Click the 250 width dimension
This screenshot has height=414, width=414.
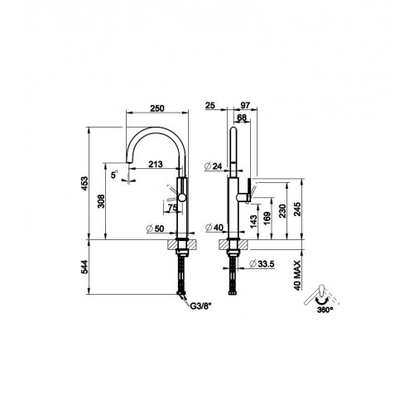[157, 108]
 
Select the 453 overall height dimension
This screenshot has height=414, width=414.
[84, 183]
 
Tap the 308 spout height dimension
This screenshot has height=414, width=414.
[101, 201]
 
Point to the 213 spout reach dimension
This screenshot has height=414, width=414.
[156, 164]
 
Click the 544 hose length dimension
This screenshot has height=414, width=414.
[84, 267]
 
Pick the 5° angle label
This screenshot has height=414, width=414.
[114, 174]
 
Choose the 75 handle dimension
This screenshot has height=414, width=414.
[172, 208]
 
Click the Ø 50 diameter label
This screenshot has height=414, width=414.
[156, 229]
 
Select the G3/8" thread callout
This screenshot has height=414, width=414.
[200, 306]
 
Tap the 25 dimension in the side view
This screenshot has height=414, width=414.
[210, 105]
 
